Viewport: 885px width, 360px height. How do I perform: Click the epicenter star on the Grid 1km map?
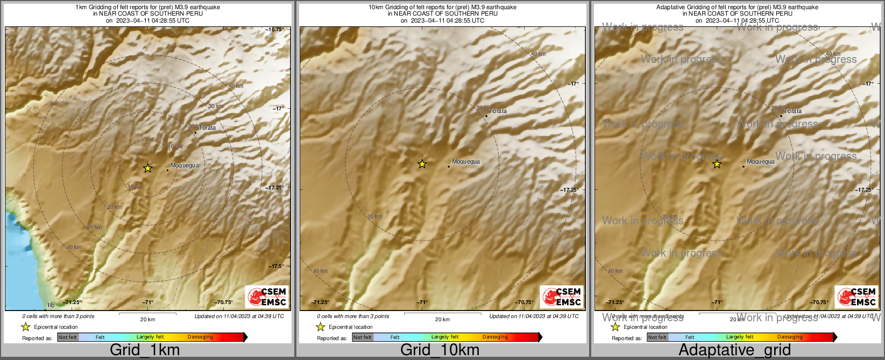[147, 168]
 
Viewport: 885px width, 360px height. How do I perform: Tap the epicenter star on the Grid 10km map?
[422, 164]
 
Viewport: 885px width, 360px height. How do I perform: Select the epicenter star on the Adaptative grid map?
[717, 164]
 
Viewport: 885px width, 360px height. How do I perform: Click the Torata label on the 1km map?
[207, 128]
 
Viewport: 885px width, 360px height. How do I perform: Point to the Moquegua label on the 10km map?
[465, 162]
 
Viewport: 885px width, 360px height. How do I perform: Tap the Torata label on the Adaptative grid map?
[792, 111]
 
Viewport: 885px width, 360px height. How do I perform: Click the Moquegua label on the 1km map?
[185, 166]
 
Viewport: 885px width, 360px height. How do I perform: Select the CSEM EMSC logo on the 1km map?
[267, 297]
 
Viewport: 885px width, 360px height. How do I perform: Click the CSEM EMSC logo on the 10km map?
[562, 297]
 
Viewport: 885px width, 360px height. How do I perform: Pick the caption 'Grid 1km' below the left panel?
[145, 350]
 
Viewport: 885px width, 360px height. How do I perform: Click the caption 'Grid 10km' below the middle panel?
[440, 350]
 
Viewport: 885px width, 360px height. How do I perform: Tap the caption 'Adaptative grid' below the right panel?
[734, 350]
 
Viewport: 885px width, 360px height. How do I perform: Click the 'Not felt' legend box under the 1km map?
[68, 337]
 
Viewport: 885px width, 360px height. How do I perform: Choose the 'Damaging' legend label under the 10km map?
[495, 337]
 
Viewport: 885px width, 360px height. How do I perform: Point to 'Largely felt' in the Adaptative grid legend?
[740, 337]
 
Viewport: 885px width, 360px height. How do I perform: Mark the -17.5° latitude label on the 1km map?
[277, 266]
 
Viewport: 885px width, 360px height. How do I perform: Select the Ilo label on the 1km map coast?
[51, 305]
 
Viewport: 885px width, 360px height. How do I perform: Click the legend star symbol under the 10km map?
[321, 327]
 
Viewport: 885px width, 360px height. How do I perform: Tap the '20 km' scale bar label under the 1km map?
[147, 320]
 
